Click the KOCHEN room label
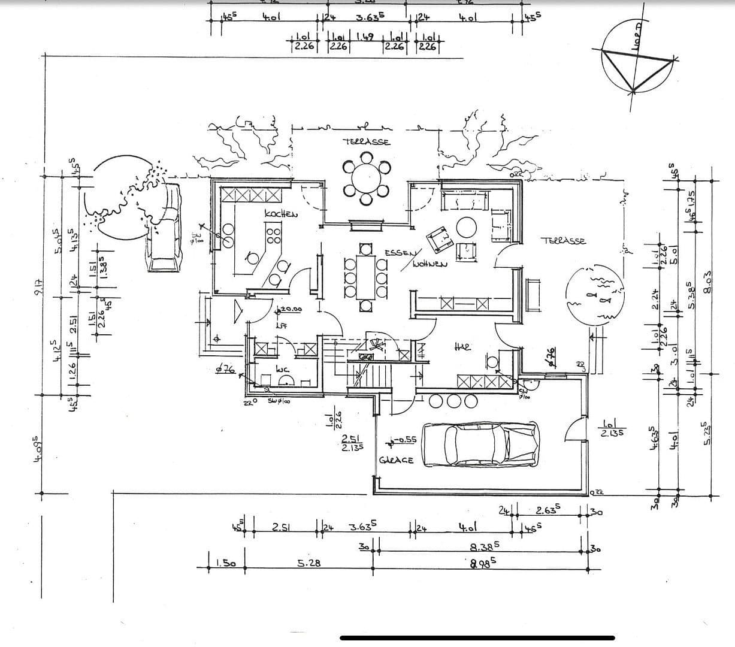pyautogui.click(x=280, y=214)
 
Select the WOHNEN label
pyautogui.click(x=428, y=264)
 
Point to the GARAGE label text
pyautogui.click(x=396, y=460)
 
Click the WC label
pyautogui.click(x=283, y=370)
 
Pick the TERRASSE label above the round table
pyautogui.click(x=367, y=142)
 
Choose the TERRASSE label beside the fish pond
pyautogui.click(x=563, y=241)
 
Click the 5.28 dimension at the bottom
pyautogui.click(x=308, y=563)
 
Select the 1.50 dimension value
pyautogui.click(x=225, y=563)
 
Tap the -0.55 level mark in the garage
pyautogui.click(x=404, y=440)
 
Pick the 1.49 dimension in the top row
pyautogui.click(x=365, y=37)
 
